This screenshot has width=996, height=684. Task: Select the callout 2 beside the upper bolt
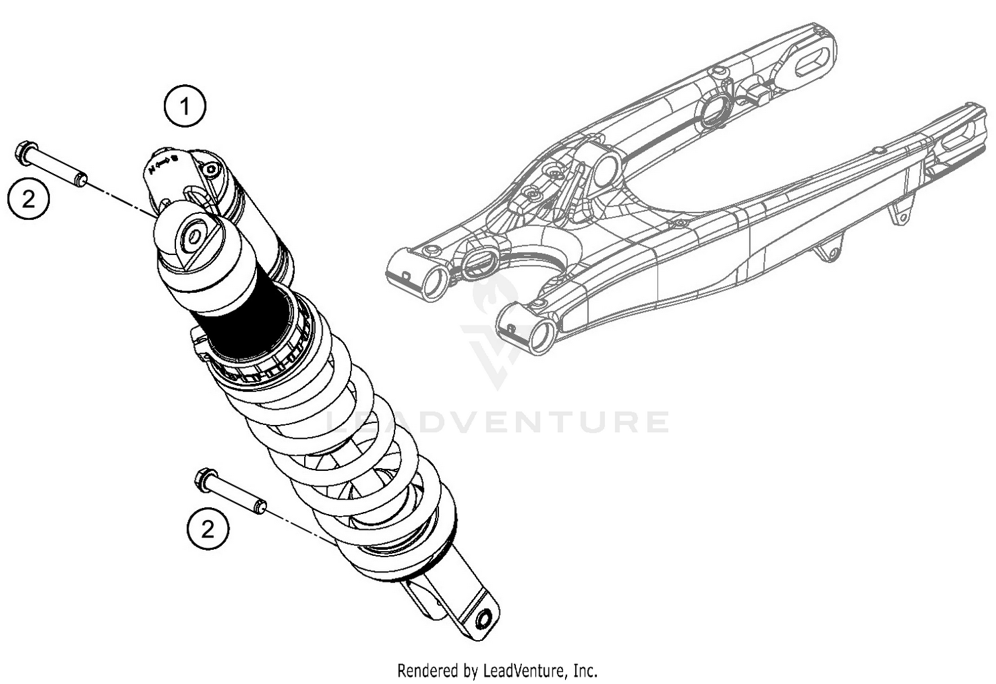pyautogui.click(x=29, y=199)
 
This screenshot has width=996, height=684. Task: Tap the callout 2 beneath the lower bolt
pyautogui.click(x=208, y=529)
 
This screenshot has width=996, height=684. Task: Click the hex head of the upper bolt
pyautogui.click(x=23, y=151)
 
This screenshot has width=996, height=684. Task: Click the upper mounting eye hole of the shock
pyautogui.click(x=195, y=238)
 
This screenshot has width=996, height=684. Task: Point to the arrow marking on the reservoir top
pyautogui.click(x=162, y=163)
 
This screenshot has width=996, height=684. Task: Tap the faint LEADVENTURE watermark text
pyautogui.click(x=498, y=422)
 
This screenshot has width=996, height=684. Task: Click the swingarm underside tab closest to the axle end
pyautogui.click(x=899, y=214)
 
